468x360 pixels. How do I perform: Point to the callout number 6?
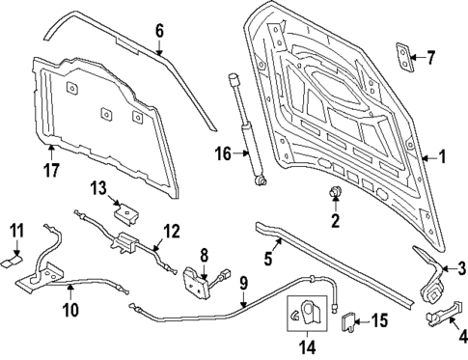tap(160, 30)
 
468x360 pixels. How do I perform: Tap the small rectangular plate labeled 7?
tap(400, 57)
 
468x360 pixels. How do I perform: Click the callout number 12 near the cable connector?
tap(171, 231)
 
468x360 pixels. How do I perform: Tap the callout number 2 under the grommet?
tap(336, 222)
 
